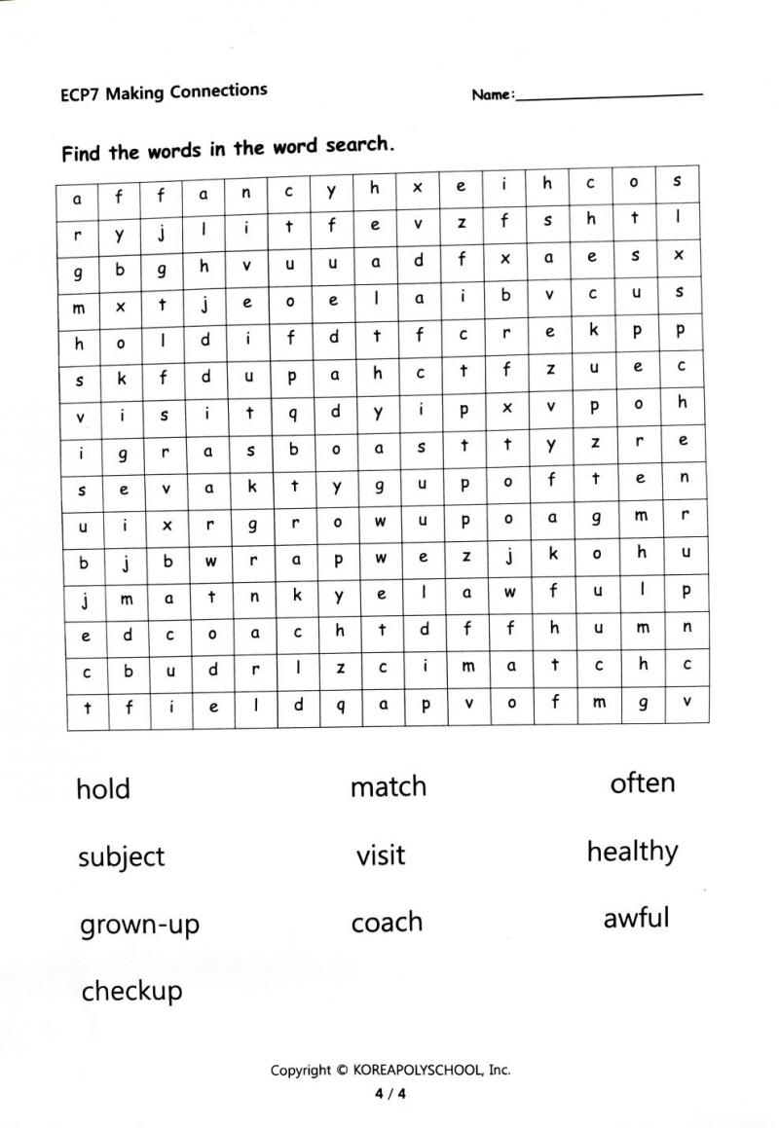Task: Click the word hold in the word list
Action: point(103,788)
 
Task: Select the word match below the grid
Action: point(389,786)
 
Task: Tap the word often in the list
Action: point(642,782)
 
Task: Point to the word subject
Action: point(122,857)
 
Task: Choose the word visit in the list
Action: point(380,855)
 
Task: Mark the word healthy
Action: point(632,853)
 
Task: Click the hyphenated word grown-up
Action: point(139,925)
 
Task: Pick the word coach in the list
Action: point(387,923)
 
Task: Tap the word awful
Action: point(636,918)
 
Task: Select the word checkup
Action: point(131,992)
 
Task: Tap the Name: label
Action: point(493,95)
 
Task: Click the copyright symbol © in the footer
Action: point(342,1070)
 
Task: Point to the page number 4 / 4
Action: point(389,1093)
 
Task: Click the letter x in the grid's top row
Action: point(418,186)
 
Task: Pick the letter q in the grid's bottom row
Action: point(340,707)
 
